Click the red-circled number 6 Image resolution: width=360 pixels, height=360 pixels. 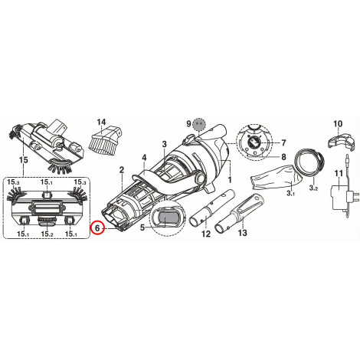97,227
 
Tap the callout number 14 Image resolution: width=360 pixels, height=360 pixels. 101,122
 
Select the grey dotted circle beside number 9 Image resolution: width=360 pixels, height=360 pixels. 199,124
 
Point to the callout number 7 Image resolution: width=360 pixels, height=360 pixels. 283,143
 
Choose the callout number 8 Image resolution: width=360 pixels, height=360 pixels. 283,157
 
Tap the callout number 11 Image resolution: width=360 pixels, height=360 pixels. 339,173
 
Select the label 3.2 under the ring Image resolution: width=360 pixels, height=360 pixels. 313,188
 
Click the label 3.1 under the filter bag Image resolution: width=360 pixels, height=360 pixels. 291,193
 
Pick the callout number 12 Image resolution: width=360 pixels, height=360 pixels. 206,234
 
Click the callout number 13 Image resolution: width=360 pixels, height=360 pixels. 243,233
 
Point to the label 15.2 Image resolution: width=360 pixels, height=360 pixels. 47,234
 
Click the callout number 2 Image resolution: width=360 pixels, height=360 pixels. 122,169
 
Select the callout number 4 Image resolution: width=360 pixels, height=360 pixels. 144,158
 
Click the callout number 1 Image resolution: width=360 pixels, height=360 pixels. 230,179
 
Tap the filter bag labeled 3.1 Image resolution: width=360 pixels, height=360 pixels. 275,178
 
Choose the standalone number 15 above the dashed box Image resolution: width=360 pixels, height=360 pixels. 23,160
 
